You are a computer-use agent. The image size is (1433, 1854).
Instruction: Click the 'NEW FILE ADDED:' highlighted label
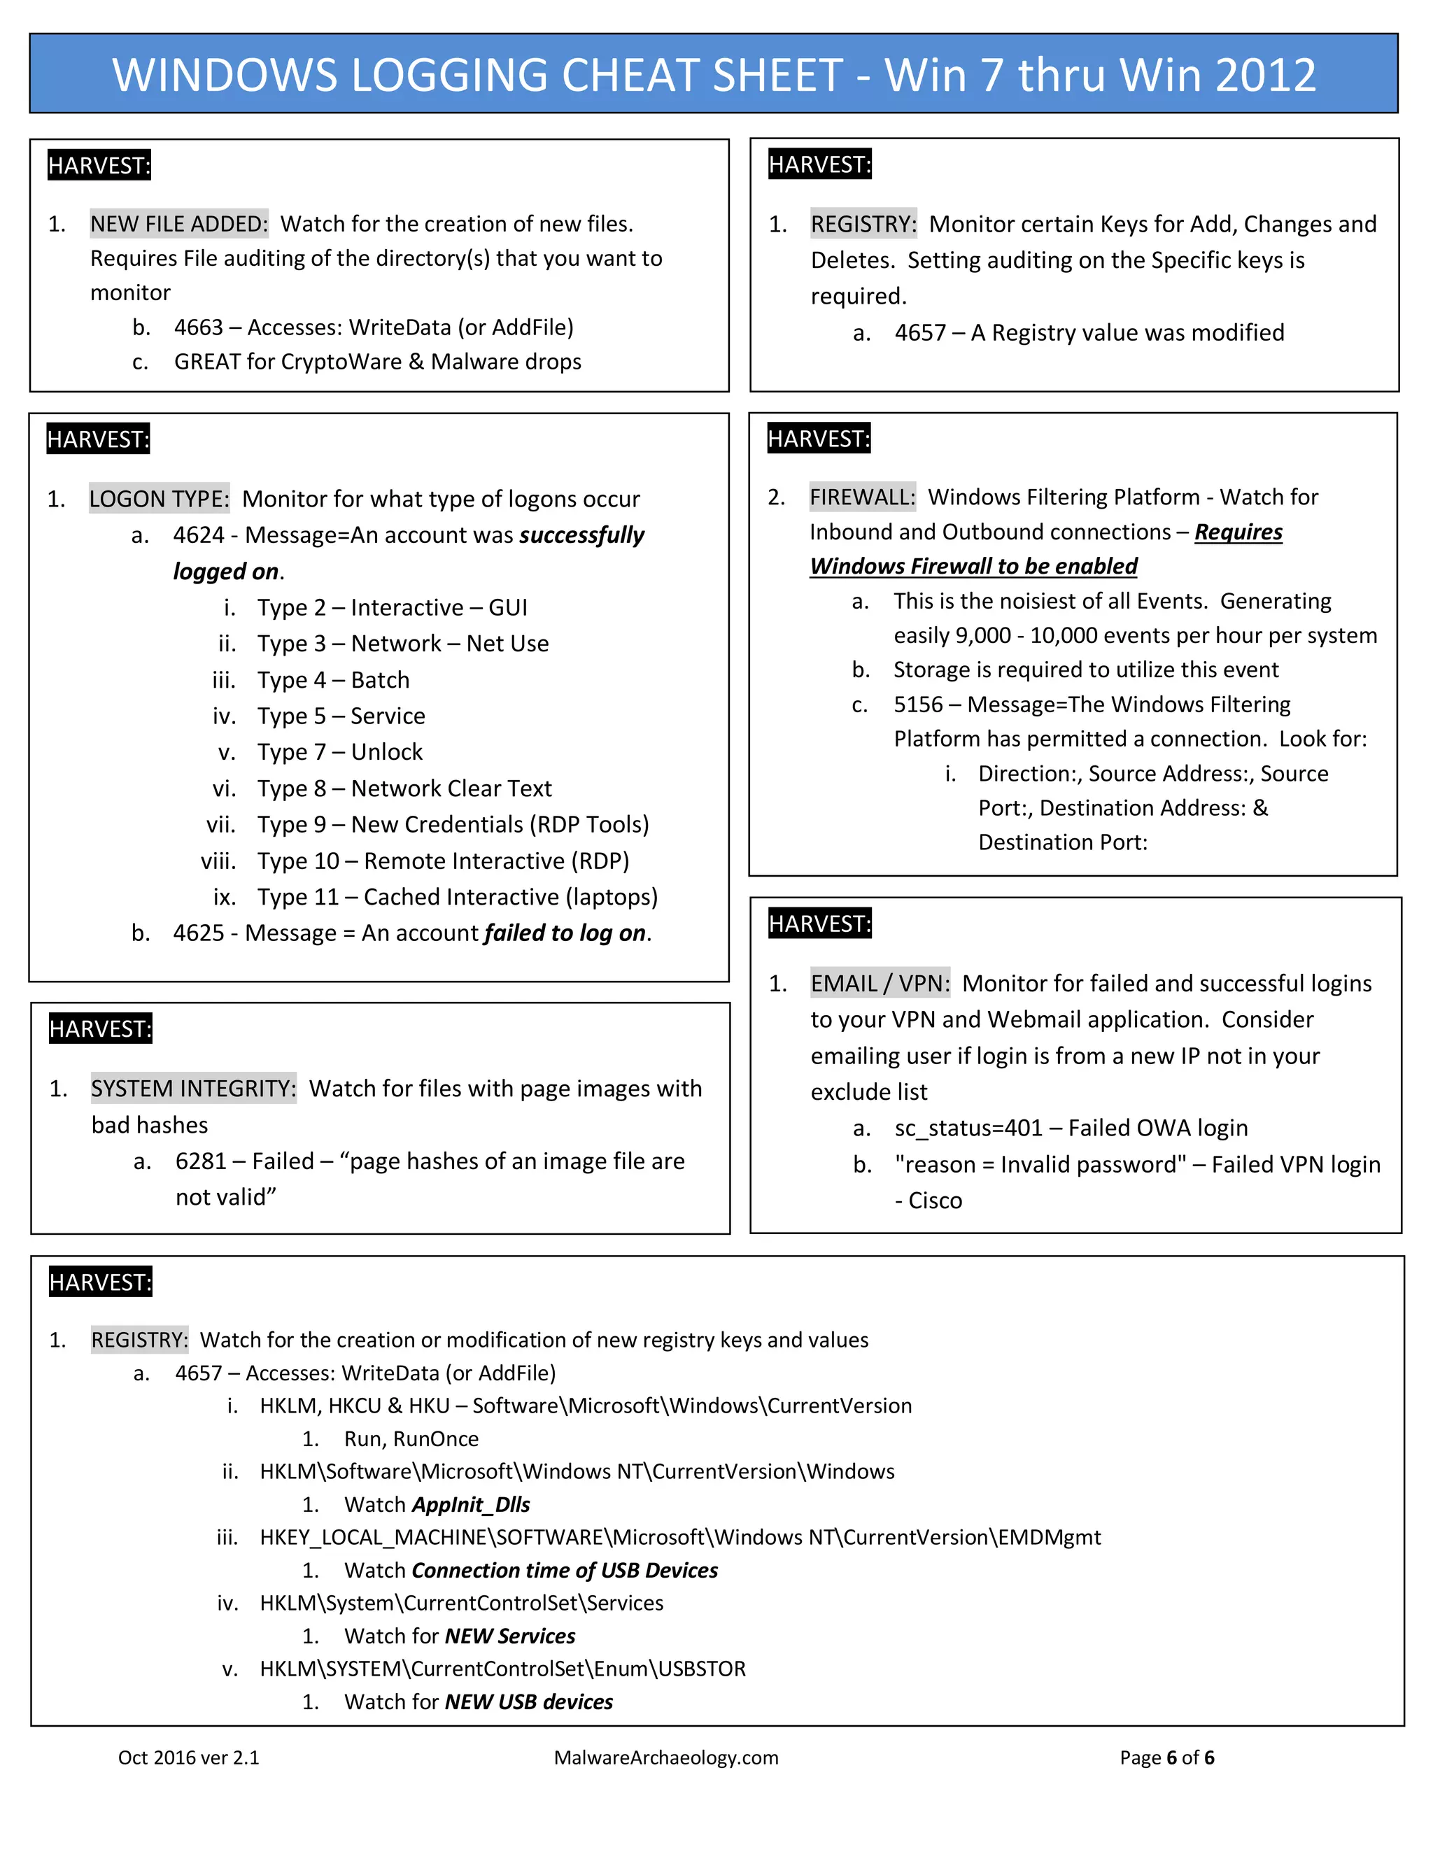coord(178,224)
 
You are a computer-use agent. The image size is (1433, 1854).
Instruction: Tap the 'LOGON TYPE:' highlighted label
coord(159,499)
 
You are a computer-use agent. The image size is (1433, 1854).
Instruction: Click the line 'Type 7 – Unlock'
coord(339,752)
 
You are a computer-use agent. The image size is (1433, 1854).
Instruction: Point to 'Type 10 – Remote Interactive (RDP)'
coord(443,861)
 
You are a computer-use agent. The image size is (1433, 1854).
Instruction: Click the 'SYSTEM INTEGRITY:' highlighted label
coord(194,1089)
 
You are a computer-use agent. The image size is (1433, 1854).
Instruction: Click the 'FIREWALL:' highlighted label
coord(861,497)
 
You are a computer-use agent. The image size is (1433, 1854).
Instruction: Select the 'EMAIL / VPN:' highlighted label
coord(880,983)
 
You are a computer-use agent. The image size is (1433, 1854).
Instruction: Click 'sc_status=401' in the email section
coord(968,1128)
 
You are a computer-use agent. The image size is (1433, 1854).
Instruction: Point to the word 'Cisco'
coord(935,1201)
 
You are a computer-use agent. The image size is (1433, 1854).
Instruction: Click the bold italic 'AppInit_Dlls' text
coord(470,1504)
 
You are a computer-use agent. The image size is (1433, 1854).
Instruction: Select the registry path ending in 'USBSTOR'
coord(502,1669)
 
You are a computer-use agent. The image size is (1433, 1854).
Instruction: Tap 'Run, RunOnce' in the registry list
coord(411,1439)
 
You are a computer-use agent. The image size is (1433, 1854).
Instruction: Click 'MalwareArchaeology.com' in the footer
coord(665,1757)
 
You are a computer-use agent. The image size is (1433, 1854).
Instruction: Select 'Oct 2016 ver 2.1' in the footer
coord(188,1757)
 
